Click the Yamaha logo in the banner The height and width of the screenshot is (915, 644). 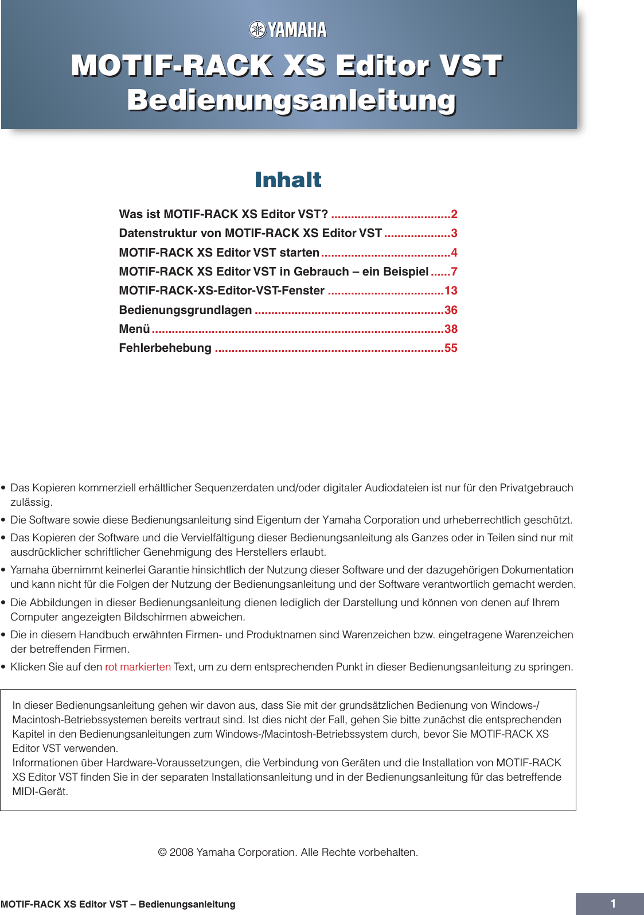pos(288,29)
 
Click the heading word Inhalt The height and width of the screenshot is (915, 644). pos(288,180)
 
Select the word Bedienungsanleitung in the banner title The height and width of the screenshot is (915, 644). pos(291,100)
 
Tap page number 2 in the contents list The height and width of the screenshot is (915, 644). pos(454,214)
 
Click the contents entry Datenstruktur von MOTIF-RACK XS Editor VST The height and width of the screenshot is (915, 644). pos(250,233)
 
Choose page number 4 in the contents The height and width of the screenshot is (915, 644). pos(454,253)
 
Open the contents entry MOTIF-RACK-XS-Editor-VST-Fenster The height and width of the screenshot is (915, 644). pos(221,290)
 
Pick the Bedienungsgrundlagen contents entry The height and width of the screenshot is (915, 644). pos(185,310)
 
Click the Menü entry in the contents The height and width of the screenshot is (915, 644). pos(134,329)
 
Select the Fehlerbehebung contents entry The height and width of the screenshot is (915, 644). pos(165,348)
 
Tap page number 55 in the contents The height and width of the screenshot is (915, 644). pos(451,348)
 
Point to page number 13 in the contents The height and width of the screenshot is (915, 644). pos(451,290)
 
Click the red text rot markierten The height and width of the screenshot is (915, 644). pos(138,666)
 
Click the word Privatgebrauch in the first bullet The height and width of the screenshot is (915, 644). pos(536,487)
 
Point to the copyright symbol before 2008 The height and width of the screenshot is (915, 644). pos(162,852)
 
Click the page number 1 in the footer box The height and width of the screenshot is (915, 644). pos(612,904)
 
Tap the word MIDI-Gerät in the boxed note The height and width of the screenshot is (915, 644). pos(40,791)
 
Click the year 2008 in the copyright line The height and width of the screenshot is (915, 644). pos(182,852)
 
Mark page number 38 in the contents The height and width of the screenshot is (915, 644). pos(451,329)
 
